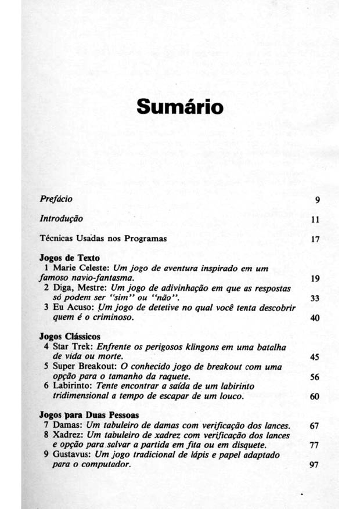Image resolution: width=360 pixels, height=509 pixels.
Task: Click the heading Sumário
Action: [180, 109]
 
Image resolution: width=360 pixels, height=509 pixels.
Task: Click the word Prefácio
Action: [56, 200]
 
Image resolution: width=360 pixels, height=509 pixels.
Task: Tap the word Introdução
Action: [61, 219]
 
